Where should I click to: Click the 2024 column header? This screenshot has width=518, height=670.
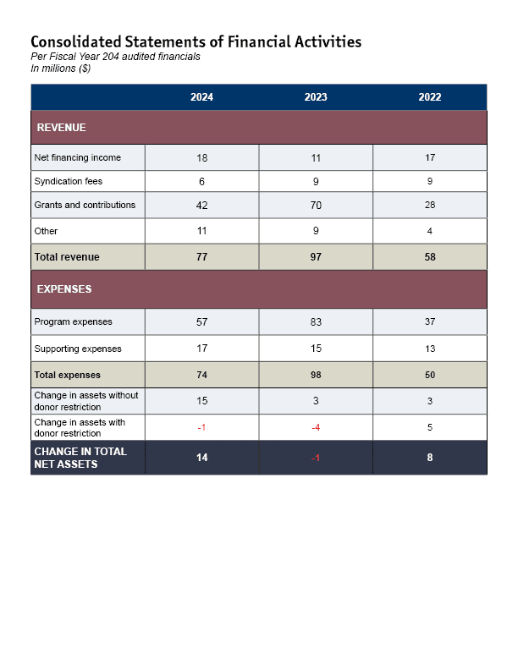(x=201, y=97)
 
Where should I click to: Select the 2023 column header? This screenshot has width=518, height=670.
(x=316, y=97)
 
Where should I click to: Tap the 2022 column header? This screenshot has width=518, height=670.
(x=430, y=97)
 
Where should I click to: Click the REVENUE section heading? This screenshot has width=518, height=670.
(x=62, y=128)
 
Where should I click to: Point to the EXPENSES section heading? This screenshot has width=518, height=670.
(x=64, y=288)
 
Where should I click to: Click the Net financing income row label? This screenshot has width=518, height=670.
(x=77, y=157)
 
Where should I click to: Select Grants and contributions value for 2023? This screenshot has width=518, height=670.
(x=316, y=205)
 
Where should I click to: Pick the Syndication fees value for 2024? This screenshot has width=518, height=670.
(x=201, y=182)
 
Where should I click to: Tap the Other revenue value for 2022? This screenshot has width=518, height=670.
(x=430, y=231)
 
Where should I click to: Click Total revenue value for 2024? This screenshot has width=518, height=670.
(x=201, y=257)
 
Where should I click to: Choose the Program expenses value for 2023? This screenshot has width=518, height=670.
(x=316, y=321)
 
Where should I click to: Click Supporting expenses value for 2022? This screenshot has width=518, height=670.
(x=430, y=349)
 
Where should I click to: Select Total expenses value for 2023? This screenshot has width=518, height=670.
(x=316, y=375)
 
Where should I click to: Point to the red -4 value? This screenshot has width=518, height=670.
(x=316, y=427)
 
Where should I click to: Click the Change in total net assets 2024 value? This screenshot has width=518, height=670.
(x=201, y=457)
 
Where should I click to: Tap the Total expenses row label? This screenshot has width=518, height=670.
(x=67, y=375)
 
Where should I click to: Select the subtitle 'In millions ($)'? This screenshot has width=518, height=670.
(x=61, y=69)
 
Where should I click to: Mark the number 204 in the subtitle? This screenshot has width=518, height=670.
(x=110, y=57)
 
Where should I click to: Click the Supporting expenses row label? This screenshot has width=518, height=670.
(x=78, y=349)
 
